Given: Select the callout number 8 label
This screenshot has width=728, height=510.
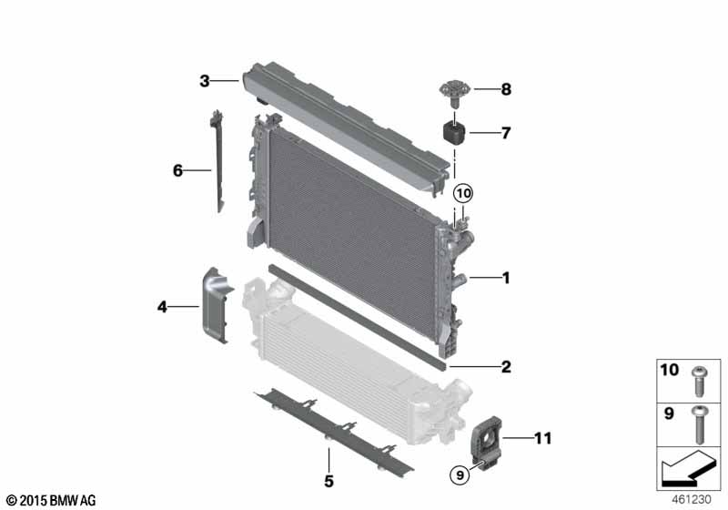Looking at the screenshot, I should tap(506, 89).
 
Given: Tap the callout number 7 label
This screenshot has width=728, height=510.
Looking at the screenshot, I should tap(506, 133).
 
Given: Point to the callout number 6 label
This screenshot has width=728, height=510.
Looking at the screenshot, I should tap(179, 169).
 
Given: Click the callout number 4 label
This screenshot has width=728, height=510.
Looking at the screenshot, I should tap(162, 308).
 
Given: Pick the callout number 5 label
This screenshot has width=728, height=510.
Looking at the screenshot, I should tap(329, 480).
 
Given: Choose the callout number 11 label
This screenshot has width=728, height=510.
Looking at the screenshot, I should tap(542, 439).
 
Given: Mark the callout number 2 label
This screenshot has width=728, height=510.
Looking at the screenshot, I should tap(506, 367).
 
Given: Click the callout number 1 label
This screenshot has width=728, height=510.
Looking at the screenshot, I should tap(506, 278).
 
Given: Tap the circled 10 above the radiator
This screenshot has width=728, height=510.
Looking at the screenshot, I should tap(464, 193).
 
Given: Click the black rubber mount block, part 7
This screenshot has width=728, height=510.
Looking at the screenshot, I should tap(454, 132).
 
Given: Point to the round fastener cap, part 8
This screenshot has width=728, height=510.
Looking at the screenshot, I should tap(450, 90).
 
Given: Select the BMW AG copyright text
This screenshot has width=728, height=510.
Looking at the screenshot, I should tap(51, 500).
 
